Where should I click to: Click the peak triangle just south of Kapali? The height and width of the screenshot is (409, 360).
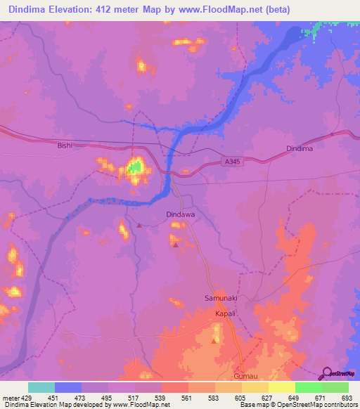[x=214, y=342]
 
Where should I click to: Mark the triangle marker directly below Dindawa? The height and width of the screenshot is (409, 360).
[x=175, y=245]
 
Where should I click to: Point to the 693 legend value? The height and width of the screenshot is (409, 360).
[x=346, y=398]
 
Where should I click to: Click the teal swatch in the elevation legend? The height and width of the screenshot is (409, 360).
[x=41, y=387]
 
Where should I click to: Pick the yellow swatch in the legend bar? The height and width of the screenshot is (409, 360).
[x=281, y=387]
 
